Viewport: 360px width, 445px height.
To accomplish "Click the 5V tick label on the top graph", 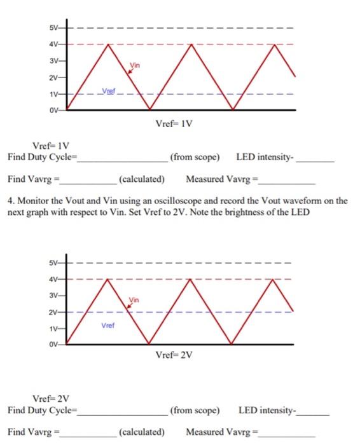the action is coord(53,29).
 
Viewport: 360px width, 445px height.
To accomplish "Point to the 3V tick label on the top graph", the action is coord(53,61).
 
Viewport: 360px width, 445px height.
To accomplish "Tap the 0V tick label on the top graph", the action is coord(53,110).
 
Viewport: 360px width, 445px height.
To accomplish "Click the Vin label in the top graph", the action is coord(134,65).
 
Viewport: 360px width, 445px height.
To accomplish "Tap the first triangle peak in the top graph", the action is coord(108,44).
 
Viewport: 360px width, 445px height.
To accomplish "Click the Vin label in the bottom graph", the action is coord(134,299).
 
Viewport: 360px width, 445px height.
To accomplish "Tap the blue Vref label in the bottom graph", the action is coord(107,325).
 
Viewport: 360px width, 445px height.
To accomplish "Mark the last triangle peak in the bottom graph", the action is coord(274,278).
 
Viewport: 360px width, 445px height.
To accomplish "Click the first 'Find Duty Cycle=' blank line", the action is coord(121,160).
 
